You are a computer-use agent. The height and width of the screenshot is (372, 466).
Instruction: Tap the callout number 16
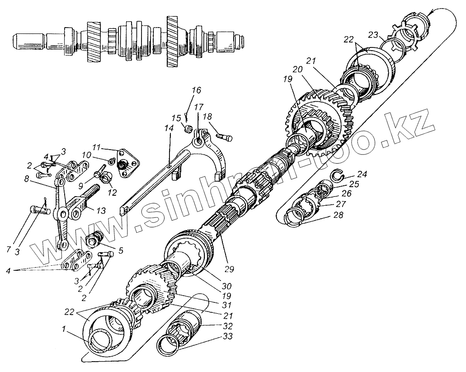(x=195, y=90)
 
